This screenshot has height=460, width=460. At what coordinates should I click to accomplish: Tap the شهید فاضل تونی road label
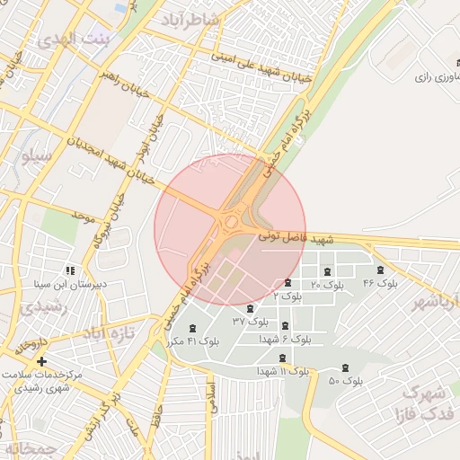coord(296,238)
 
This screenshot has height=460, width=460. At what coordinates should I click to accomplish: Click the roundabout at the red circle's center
coord(230,221)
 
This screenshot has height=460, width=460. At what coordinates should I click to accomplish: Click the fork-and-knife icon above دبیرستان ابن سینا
coord(69,270)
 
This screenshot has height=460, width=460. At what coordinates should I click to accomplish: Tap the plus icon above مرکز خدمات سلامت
coord(41,360)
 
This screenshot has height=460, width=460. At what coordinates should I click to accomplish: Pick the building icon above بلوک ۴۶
coord(380,270)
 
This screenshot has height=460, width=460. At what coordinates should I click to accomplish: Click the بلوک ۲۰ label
coord(327,285)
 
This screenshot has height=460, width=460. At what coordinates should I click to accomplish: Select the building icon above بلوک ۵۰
coord(346,367)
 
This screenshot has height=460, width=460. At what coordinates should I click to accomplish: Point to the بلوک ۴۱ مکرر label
coord(193,341)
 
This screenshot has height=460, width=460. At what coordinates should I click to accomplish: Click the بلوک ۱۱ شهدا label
coord(283,370)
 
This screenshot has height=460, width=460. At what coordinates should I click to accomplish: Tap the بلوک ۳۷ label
coord(251,321)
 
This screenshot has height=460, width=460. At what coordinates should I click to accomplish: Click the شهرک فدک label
coord(422,404)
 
